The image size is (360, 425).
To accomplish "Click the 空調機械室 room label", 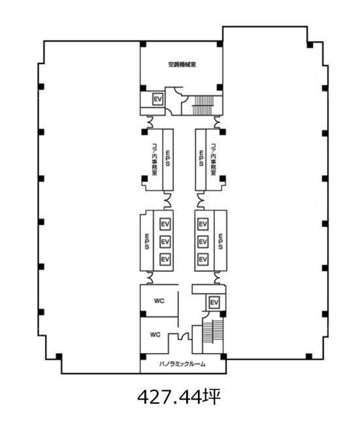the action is click(x=182, y=65).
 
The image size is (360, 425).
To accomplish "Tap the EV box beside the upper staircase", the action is click(x=157, y=99).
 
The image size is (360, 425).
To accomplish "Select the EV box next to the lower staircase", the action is click(x=214, y=302).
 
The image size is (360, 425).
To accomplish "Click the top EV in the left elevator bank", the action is click(x=165, y=224).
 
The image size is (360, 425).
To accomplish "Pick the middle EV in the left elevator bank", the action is click(x=165, y=241).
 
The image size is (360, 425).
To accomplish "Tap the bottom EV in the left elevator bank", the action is click(x=165, y=259).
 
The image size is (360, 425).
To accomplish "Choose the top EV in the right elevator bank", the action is click(x=203, y=224).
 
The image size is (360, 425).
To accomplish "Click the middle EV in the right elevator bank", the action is click(x=203, y=241).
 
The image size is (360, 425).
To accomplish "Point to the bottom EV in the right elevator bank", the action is click(x=203, y=259).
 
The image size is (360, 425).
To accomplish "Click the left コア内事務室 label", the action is click(x=155, y=160).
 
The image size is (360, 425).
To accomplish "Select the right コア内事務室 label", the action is click(x=214, y=160).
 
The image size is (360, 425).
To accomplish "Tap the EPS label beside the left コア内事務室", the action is click(x=168, y=158).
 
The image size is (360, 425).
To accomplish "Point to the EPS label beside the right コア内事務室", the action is click(x=201, y=158).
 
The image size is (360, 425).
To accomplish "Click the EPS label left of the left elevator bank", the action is click(x=147, y=241).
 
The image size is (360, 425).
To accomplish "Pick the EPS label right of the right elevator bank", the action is click(x=220, y=241).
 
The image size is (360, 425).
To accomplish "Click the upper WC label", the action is click(x=159, y=301).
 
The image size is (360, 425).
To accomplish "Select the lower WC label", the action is click(x=155, y=335).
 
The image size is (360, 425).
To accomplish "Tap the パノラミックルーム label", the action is click(x=182, y=364).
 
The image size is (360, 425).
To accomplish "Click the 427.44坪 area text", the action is click(x=179, y=398).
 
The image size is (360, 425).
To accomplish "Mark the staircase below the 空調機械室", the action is click(x=203, y=105).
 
